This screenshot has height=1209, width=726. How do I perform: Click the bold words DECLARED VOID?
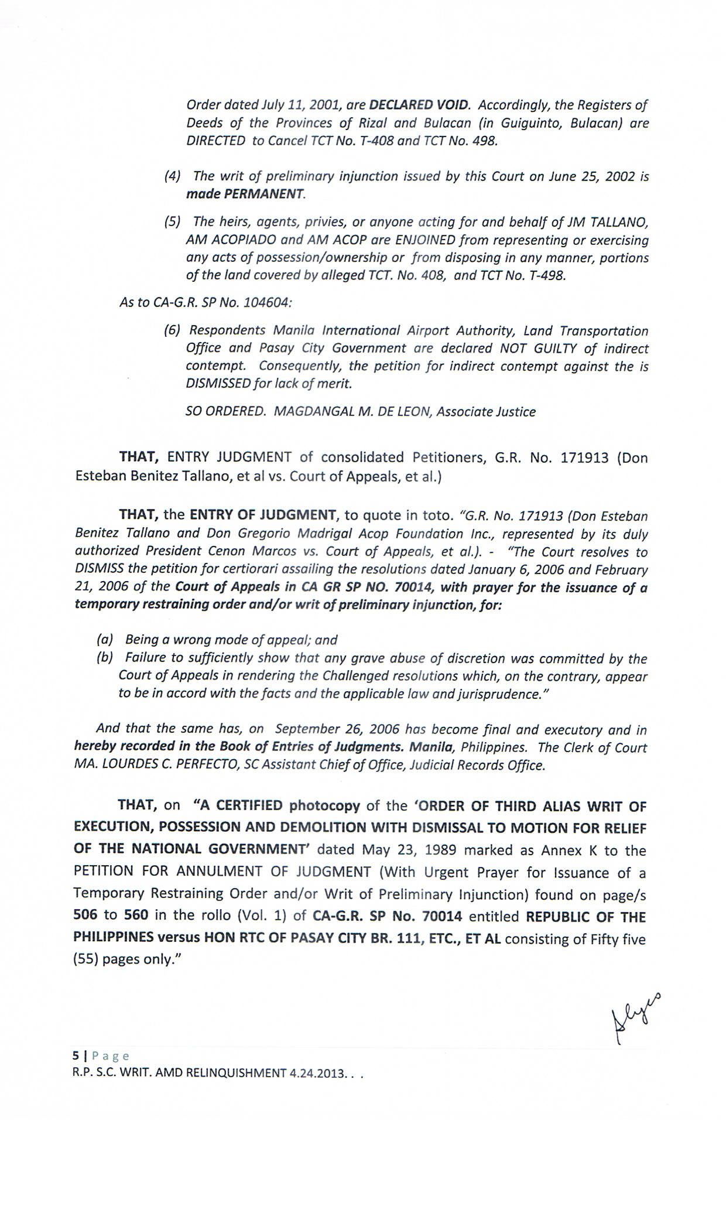point(419,105)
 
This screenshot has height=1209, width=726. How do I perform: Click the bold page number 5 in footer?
point(75,1056)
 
